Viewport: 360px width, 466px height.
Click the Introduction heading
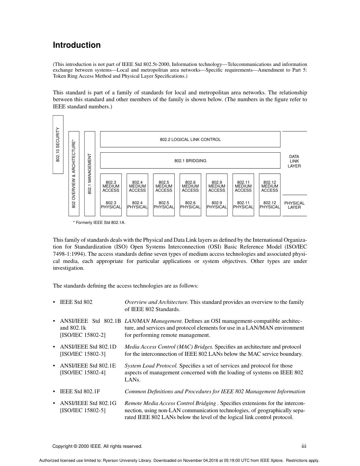(x=77, y=45)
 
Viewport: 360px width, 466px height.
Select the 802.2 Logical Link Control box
(x=190, y=139)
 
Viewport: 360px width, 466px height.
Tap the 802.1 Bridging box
(x=190, y=161)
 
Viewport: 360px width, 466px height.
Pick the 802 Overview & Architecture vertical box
(x=74, y=174)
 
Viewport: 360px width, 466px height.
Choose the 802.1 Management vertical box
(x=90, y=174)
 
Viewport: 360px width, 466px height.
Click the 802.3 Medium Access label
(x=111, y=186)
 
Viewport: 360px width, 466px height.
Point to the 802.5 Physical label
(x=164, y=205)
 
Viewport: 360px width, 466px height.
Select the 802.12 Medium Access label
(x=269, y=186)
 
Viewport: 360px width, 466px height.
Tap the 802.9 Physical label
(x=217, y=205)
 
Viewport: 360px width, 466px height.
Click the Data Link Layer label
(x=294, y=161)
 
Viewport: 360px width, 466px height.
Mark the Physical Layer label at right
(x=294, y=205)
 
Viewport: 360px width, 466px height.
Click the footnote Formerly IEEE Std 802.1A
(x=99, y=222)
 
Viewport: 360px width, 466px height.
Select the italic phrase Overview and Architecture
(x=156, y=302)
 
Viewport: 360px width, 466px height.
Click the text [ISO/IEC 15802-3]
(x=83, y=354)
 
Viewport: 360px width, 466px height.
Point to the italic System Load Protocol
(x=151, y=366)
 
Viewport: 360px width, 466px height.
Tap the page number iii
(x=304, y=446)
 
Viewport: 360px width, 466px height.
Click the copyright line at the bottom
(x=97, y=446)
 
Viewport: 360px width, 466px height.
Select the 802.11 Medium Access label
(x=243, y=186)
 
